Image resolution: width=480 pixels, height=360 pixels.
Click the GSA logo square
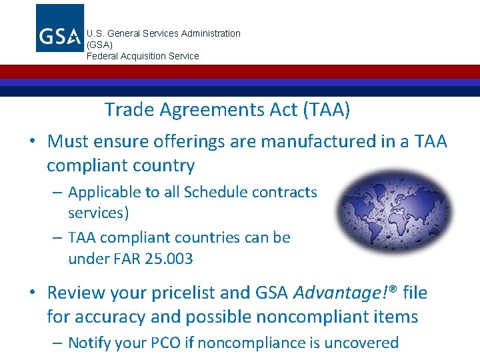(60, 28)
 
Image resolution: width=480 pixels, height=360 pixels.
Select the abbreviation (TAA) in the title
(326, 110)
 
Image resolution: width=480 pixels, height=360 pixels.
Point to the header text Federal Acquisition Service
(143, 56)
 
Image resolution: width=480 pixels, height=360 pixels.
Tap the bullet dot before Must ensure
(32, 142)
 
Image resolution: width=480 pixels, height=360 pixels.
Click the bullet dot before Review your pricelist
(32, 293)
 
